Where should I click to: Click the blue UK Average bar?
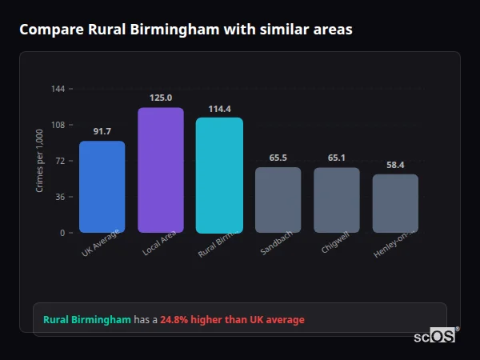102,187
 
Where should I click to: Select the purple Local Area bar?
161,170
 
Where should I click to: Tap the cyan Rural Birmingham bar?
219,175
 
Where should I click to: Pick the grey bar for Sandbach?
278,200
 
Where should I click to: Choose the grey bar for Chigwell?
337,200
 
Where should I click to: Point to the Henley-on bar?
395,203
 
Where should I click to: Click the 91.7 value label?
102,131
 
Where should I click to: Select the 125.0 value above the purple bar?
161,98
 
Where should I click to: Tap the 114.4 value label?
219,109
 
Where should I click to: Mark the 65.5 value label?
278,158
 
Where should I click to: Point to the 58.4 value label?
395,165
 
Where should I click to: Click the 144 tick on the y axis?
58,89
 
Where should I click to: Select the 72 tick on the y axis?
61,161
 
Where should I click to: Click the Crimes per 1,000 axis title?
40,160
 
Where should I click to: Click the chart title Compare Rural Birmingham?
186,30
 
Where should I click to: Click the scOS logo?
434,336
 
